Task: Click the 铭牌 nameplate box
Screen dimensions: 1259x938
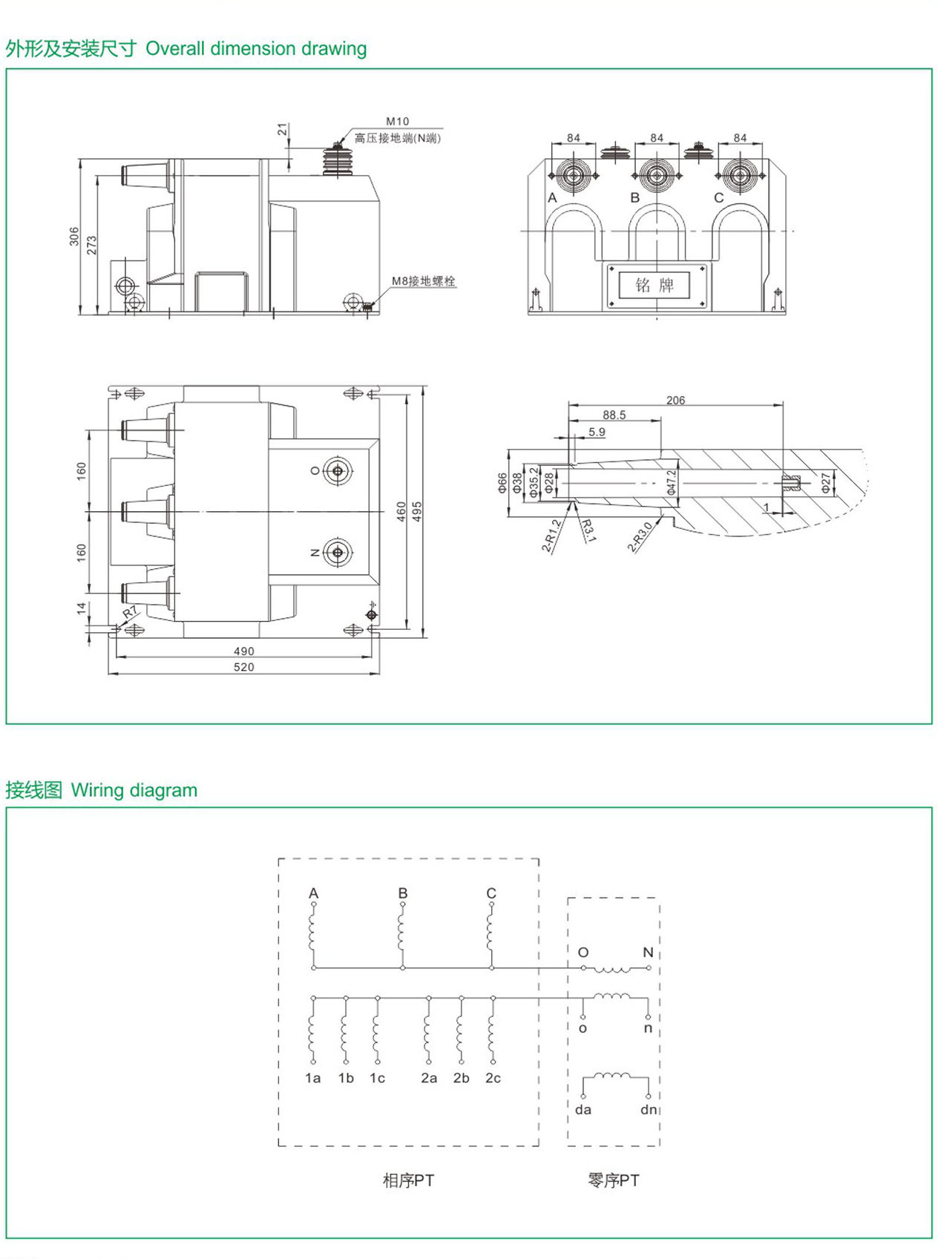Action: pos(655,285)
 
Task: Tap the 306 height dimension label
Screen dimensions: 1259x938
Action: pos(74,237)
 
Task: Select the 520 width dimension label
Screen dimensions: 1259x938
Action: pos(243,667)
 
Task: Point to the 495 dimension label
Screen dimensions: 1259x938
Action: pos(417,511)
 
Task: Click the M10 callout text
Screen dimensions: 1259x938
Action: pos(397,121)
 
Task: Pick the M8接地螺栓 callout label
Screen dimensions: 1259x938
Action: pos(423,281)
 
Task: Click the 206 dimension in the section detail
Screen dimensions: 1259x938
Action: pos(675,400)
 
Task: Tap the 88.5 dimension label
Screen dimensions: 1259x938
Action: pos(614,415)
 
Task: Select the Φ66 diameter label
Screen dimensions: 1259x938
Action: pos(502,483)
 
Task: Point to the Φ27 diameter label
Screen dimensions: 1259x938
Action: pos(826,483)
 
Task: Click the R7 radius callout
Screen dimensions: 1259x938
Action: pos(130,613)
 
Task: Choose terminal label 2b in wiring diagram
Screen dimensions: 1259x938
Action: pos(461,1078)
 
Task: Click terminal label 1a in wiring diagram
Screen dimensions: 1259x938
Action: pos(312,1078)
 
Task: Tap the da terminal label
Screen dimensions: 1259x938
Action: pos(583,1109)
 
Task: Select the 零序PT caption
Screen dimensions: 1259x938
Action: pos(613,1180)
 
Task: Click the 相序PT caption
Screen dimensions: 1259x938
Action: pos(408,1180)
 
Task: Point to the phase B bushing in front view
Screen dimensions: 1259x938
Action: pos(656,176)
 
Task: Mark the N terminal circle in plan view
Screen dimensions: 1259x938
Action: pos(338,553)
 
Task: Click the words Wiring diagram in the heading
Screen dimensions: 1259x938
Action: pos(134,790)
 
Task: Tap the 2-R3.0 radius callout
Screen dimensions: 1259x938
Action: pos(640,537)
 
